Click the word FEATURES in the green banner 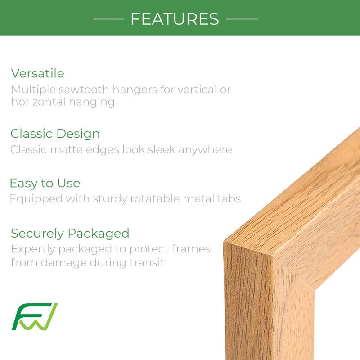[x=175, y=19]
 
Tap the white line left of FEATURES [x=108, y=19]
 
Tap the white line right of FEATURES [x=242, y=19]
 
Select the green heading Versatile [x=38, y=73]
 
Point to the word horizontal [x=37, y=102]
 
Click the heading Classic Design [x=55, y=134]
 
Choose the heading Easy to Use [x=45, y=183]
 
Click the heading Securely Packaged [x=70, y=233]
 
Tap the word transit [x=148, y=262]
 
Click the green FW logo [x=35, y=317]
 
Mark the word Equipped [x=31, y=199]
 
